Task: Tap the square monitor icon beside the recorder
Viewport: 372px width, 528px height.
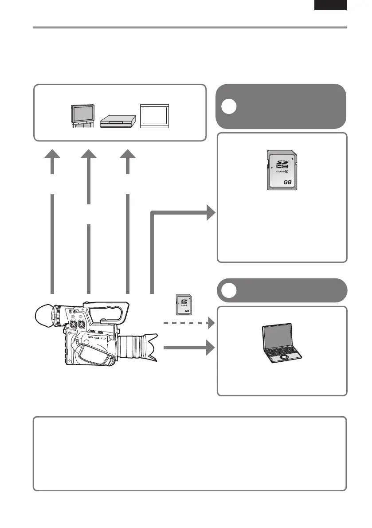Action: point(154,116)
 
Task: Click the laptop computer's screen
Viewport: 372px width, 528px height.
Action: point(276,337)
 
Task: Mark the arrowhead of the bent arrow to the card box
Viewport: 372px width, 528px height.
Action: point(210,215)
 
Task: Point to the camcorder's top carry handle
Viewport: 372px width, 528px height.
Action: point(106,306)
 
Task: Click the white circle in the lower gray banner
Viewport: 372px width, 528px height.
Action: point(230,290)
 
